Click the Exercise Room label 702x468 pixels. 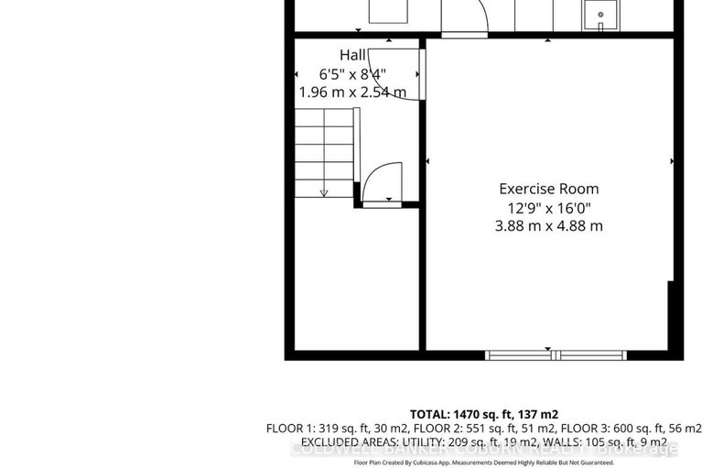coord(549,189)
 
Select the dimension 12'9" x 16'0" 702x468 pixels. coord(549,208)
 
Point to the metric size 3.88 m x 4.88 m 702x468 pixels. coord(549,226)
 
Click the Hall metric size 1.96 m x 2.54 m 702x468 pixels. coord(353,93)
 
